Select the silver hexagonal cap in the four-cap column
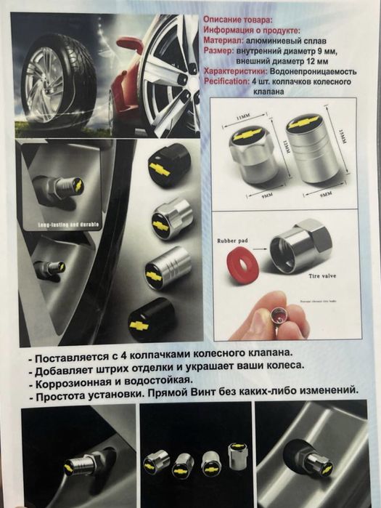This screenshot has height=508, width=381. coord(173,219)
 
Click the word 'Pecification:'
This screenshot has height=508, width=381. coord(227,83)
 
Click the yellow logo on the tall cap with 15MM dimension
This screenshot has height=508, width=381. coord(304,124)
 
